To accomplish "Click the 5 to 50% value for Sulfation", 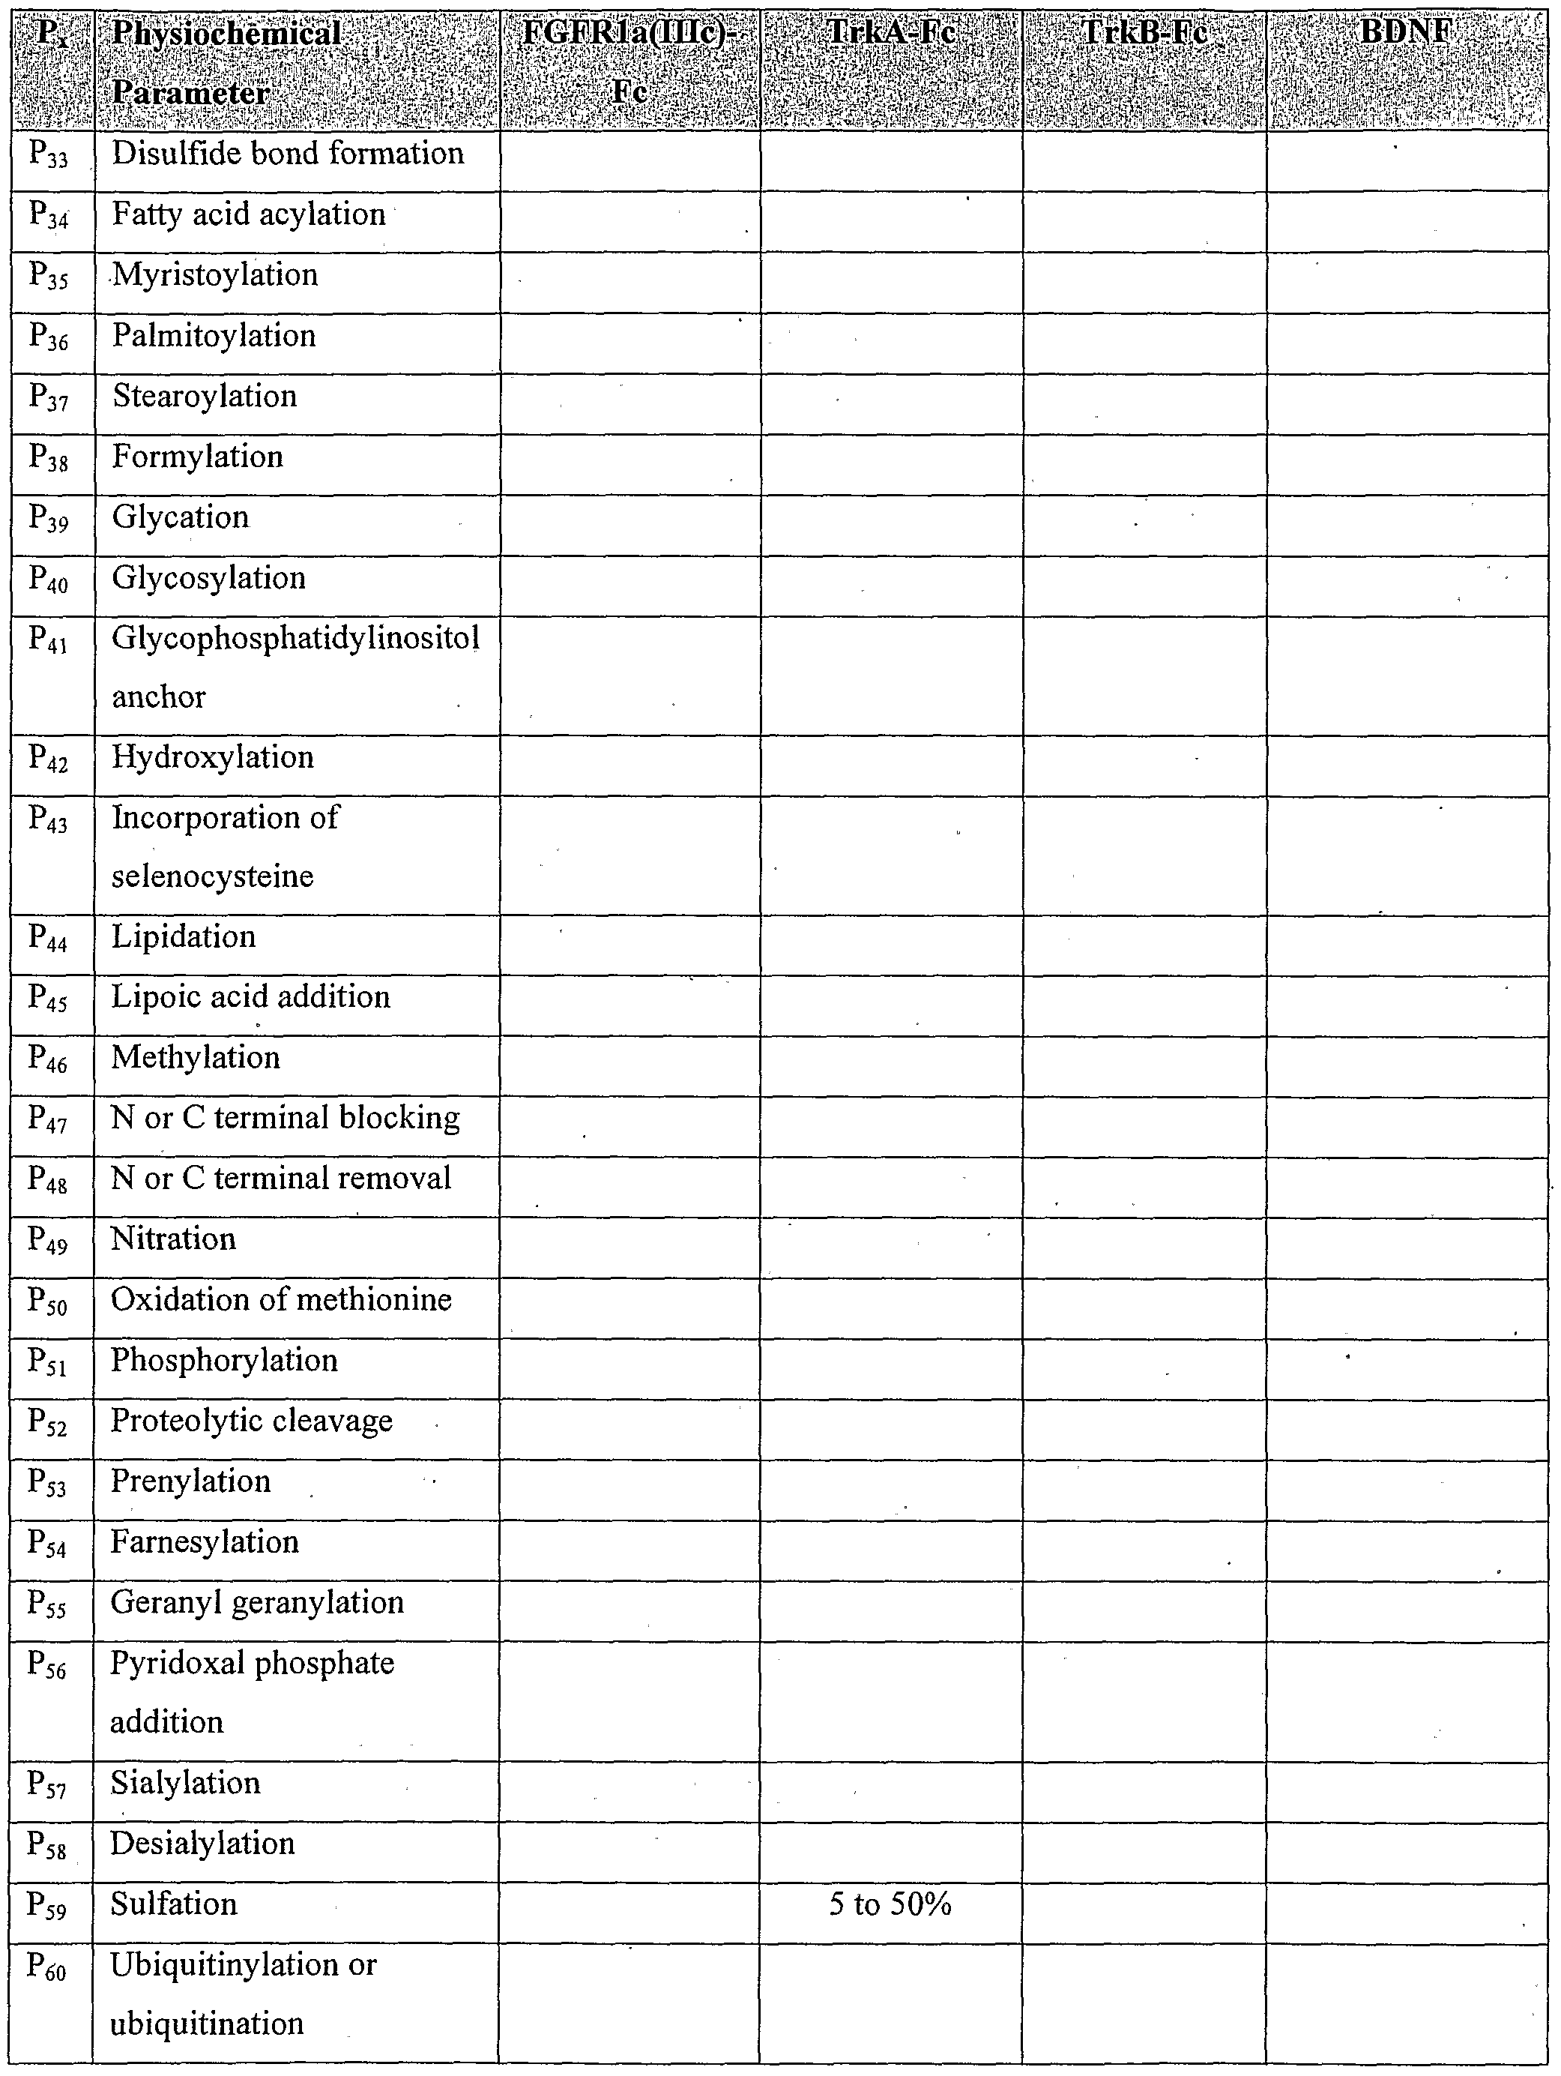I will (890, 1904).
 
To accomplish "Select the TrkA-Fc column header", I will (891, 34).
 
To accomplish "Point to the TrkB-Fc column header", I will (1144, 34).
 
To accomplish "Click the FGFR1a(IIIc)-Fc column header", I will (629, 62).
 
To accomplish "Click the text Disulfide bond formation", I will (288, 153).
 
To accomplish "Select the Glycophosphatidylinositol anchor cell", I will (295, 667).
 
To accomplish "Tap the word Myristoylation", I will (215, 275).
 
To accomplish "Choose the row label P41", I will (49, 640).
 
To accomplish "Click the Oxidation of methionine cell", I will (282, 1300).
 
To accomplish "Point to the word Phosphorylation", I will (224, 1361).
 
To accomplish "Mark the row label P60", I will (48, 1967).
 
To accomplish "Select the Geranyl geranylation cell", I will (257, 1603).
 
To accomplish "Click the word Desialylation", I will (202, 1844).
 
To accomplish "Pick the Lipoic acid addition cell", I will (250, 996).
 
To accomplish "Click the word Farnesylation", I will (205, 1542).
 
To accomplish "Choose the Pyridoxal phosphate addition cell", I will (253, 1692).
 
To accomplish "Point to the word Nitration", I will (174, 1239).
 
